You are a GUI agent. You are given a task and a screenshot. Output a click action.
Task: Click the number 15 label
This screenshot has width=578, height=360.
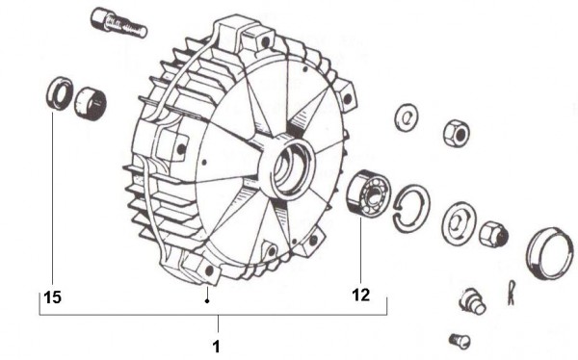pos(53,298)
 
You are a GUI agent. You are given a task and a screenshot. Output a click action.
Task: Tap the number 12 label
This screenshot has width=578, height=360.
pos(361,297)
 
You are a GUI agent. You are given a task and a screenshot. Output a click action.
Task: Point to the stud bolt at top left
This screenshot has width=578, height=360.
pos(118,23)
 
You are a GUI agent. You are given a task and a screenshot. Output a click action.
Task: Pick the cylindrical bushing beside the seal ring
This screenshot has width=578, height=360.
pos(90,100)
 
